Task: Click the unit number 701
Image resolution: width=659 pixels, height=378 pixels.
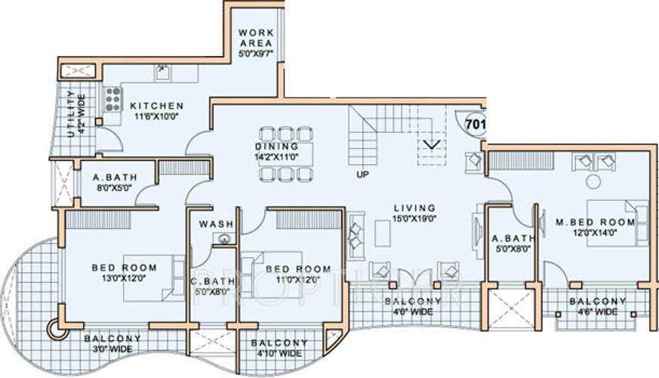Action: [475, 122]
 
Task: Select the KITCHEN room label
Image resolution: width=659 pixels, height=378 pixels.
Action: [156, 106]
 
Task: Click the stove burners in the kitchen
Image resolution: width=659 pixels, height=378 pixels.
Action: [113, 100]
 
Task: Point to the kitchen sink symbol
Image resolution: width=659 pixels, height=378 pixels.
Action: [163, 73]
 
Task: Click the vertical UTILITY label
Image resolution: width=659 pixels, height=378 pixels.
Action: [71, 113]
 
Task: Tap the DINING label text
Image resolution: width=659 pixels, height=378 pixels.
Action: [277, 146]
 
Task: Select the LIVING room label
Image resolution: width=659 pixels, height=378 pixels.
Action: [414, 208]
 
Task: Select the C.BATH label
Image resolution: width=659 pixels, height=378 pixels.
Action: [214, 279]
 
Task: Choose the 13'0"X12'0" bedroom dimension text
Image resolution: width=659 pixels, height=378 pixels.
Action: [124, 278]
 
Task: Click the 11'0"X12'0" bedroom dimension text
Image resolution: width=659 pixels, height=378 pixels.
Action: [297, 279]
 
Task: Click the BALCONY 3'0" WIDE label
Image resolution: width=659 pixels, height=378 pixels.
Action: [112, 343]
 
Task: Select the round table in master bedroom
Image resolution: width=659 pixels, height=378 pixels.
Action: [593, 181]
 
